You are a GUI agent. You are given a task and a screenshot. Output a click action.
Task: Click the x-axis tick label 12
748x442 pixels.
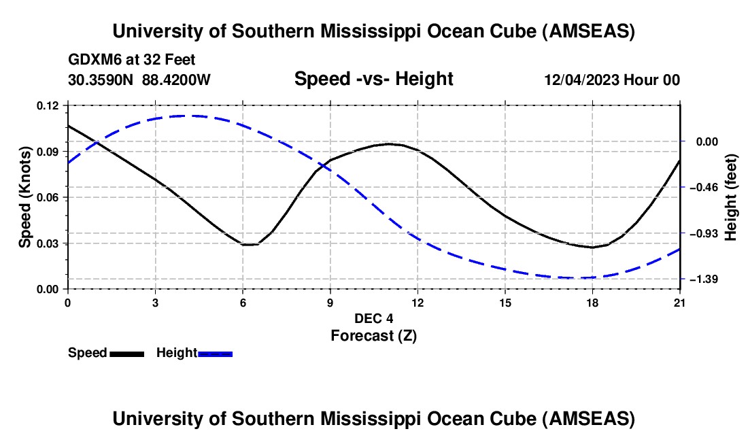[418, 302]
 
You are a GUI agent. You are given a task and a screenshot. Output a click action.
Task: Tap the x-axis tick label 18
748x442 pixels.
[592, 302]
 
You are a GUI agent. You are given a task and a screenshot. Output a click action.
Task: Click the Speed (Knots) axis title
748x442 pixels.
[25, 197]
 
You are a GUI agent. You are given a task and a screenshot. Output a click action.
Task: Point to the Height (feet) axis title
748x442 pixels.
[731, 197]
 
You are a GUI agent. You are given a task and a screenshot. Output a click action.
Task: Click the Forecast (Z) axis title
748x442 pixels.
[373, 335]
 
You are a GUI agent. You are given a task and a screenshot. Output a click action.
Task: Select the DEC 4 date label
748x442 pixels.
[373, 318]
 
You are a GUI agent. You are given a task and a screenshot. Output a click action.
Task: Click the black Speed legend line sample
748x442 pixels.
[126, 353]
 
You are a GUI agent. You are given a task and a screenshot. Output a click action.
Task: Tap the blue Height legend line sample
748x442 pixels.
[216, 353]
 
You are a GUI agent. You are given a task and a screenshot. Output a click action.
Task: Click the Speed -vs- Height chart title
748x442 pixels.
[373, 79]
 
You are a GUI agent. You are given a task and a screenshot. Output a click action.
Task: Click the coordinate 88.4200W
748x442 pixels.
[176, 80]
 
